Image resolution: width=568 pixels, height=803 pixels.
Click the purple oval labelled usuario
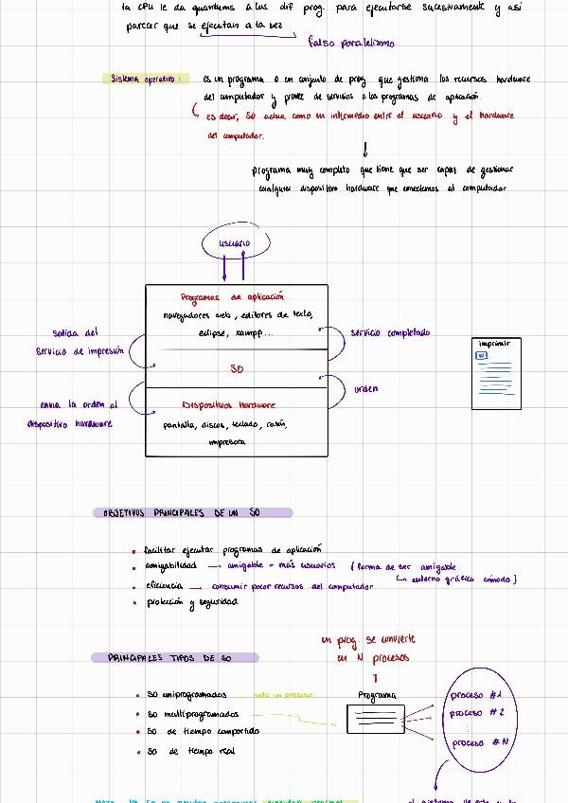[x=235, y=244]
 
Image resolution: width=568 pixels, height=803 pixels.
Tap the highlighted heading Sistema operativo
[x=144, y=79]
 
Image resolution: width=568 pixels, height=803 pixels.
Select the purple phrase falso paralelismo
[x=352, y=42]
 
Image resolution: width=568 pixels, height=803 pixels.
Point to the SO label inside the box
[x=237, y=368]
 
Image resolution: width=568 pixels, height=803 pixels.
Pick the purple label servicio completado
[x=389, y=332]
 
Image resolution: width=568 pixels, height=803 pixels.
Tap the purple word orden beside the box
[x=365, y=388]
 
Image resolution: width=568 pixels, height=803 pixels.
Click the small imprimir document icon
[x=496, y=374]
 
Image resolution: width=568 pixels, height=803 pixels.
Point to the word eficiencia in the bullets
[x=164, y=586]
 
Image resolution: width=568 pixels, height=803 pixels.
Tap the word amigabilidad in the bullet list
[x=170, y=566]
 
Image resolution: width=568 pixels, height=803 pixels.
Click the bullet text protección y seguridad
[x=191, y=603]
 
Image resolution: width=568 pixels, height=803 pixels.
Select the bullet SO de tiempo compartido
[x=203, y=732]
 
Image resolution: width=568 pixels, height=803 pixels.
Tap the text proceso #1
[x=475, y=694]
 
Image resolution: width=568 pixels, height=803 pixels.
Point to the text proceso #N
[x=481, y=742]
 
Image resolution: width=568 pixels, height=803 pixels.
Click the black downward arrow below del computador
[x=364, y=150]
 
